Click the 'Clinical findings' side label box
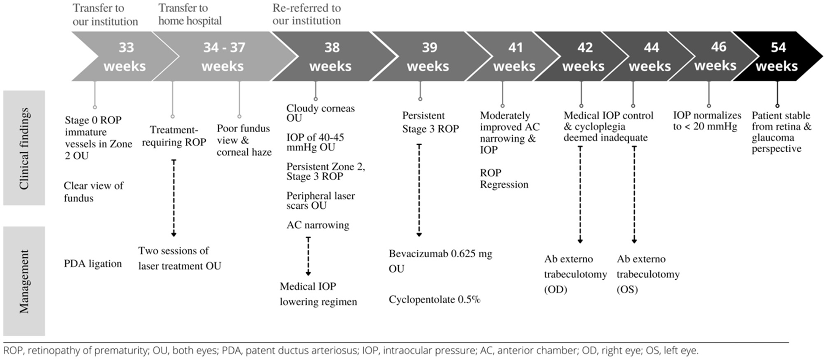point(24,148)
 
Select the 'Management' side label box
point(24,281)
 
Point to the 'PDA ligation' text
point(93,264)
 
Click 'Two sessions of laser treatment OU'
point(180,258)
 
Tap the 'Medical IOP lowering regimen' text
point(318,294)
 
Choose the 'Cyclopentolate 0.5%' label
point(435,299)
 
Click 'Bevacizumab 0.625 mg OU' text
point(441,261)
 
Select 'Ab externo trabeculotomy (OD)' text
point(575,274)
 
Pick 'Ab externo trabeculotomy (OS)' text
point(648,274)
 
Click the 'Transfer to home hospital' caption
point(190,14)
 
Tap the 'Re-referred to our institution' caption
point(307,14)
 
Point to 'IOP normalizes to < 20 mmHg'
point(707,120)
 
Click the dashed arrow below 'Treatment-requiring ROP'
point(174,198)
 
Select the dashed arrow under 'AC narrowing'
point(308,256)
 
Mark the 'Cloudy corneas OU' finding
point(321,113)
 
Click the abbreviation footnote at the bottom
point(351,350)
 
